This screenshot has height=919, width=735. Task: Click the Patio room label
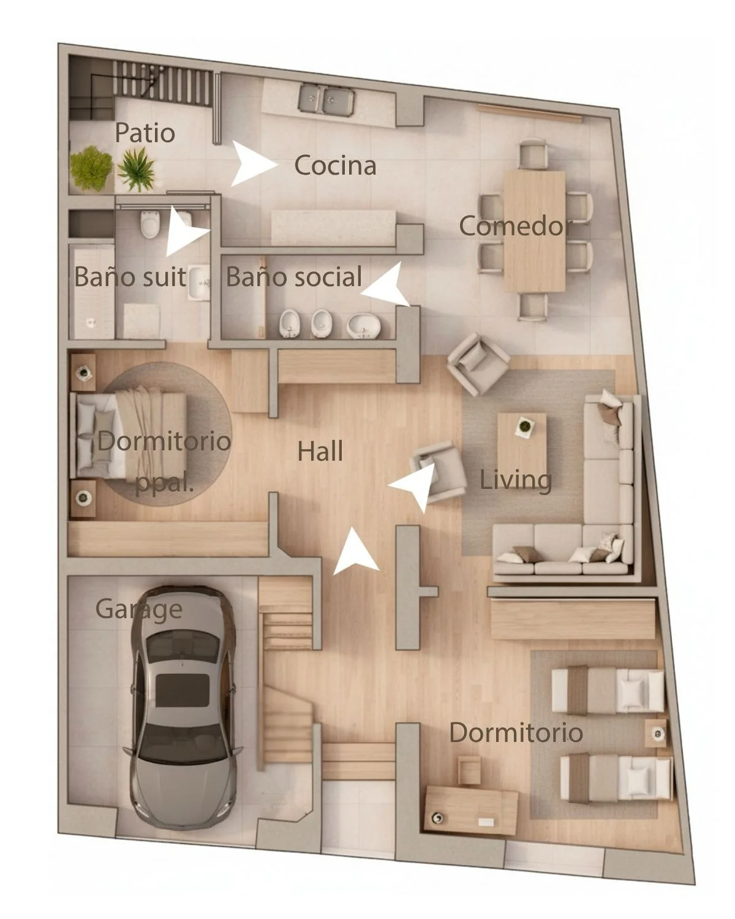pos(145,133)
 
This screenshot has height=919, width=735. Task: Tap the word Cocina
pos(335,165)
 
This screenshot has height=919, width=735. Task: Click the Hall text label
pos(320,451)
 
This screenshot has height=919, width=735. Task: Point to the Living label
pos(516,480)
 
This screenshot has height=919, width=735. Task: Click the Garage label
pos(139,610)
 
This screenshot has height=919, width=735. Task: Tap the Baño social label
pos(294,276)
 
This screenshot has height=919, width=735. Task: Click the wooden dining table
pos(534,231)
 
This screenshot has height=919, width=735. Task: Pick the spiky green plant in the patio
pos(136,168)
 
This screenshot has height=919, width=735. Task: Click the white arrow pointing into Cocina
pos(252,164)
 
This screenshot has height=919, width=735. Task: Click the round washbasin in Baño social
pos(363,325)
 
